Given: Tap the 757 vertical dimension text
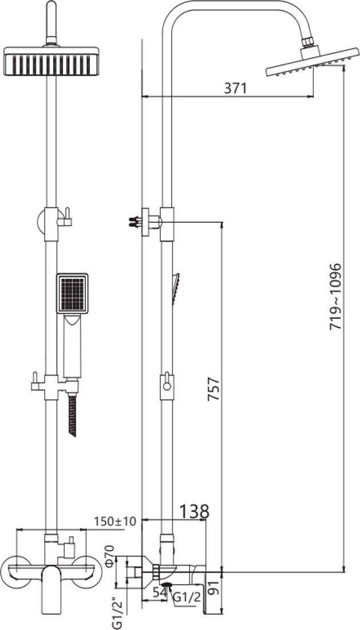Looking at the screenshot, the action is pos(213,388).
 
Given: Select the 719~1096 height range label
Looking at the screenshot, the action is pos(335,297).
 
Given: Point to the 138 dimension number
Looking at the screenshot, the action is pos(194,511).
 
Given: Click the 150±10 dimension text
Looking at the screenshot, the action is pos(115,521).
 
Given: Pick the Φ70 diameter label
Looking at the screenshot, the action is pos(109,556).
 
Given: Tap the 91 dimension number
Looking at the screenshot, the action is pos(216,589).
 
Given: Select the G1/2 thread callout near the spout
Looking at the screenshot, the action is pos(186,598).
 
